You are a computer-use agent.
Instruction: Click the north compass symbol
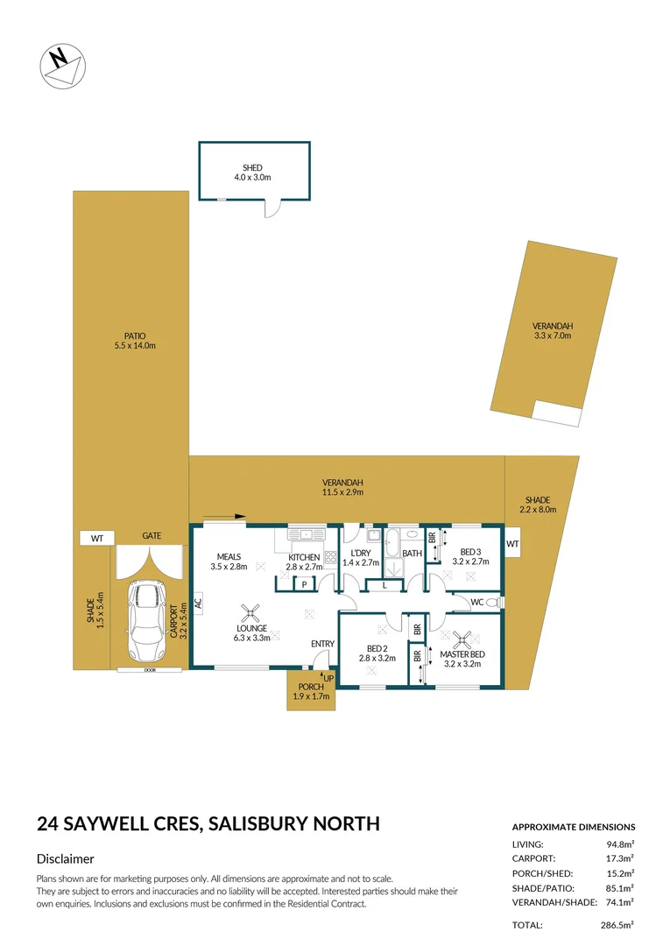(61, 64)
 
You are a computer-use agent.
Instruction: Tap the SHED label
(252, 167)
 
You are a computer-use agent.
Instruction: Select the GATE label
(152, 536)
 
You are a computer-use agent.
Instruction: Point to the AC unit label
(199, 603)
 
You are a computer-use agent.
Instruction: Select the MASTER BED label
(462, 654)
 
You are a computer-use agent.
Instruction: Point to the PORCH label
(311, 687)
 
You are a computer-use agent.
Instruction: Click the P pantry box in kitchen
(303, 584)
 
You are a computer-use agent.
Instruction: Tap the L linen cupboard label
(384, 584)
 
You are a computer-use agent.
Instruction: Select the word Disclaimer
(66, 859)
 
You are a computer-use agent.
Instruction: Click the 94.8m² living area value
(620, 844)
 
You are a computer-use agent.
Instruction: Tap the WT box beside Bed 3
(512, 544)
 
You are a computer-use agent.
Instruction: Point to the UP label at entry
(328, 678)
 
